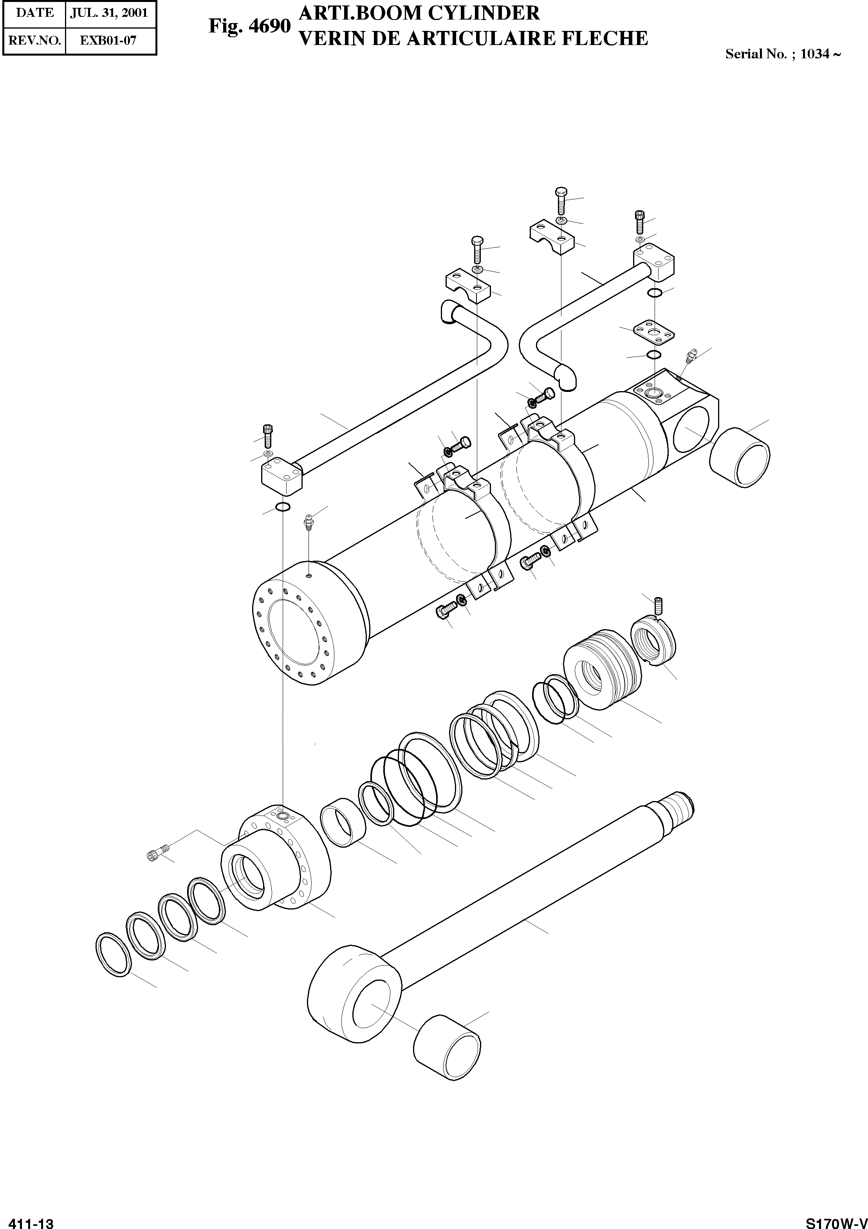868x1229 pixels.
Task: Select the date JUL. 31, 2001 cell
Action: point(109,13)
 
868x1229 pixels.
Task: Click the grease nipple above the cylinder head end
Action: point(308,521)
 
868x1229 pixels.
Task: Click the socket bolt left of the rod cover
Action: point(157,853)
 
